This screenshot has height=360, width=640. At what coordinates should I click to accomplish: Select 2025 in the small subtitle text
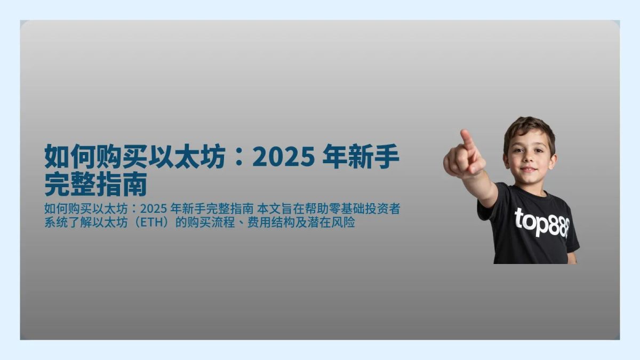[154, 209]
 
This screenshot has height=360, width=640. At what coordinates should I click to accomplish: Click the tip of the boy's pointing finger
[466, 133]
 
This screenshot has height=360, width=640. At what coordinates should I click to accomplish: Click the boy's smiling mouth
[528, 170]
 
